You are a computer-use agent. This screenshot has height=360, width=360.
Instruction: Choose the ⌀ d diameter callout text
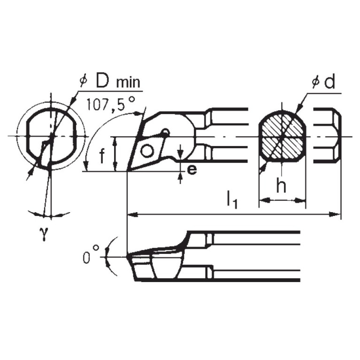(x=323, y=83)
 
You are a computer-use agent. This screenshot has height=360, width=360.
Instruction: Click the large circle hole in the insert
(x=147, y=151)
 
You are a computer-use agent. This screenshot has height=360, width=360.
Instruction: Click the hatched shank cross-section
(x=282, y=136)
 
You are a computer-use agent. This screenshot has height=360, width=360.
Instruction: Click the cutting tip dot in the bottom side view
(x=128, y=257)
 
